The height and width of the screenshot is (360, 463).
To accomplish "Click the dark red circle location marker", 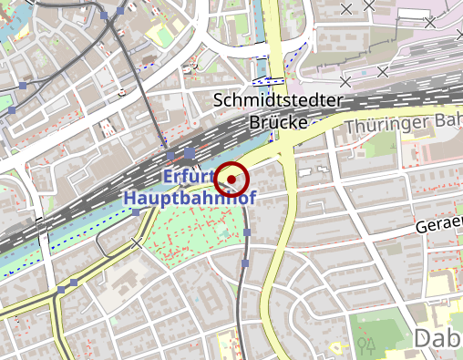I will click(x=231, y=179).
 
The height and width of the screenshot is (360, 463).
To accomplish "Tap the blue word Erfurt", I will click(x=188, y=175).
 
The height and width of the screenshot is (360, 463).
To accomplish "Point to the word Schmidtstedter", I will click(x=277, y=100).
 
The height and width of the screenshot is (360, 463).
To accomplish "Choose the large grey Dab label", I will click(x=437, y=338).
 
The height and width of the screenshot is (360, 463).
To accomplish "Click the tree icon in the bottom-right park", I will click(x=368, y=344).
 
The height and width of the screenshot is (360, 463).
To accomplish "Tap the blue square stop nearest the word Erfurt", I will click(x=189, y=152).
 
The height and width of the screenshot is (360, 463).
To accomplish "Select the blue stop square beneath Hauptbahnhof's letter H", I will click(x=136, y=212).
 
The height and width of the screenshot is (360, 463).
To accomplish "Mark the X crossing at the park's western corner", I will click(x=138, y=242).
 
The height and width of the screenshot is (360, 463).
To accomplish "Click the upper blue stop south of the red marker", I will click(x=247, y=233).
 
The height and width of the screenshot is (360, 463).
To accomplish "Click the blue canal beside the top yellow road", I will click(x=258, y=36).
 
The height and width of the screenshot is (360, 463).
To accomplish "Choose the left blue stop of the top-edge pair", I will click(x=105, y=15).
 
